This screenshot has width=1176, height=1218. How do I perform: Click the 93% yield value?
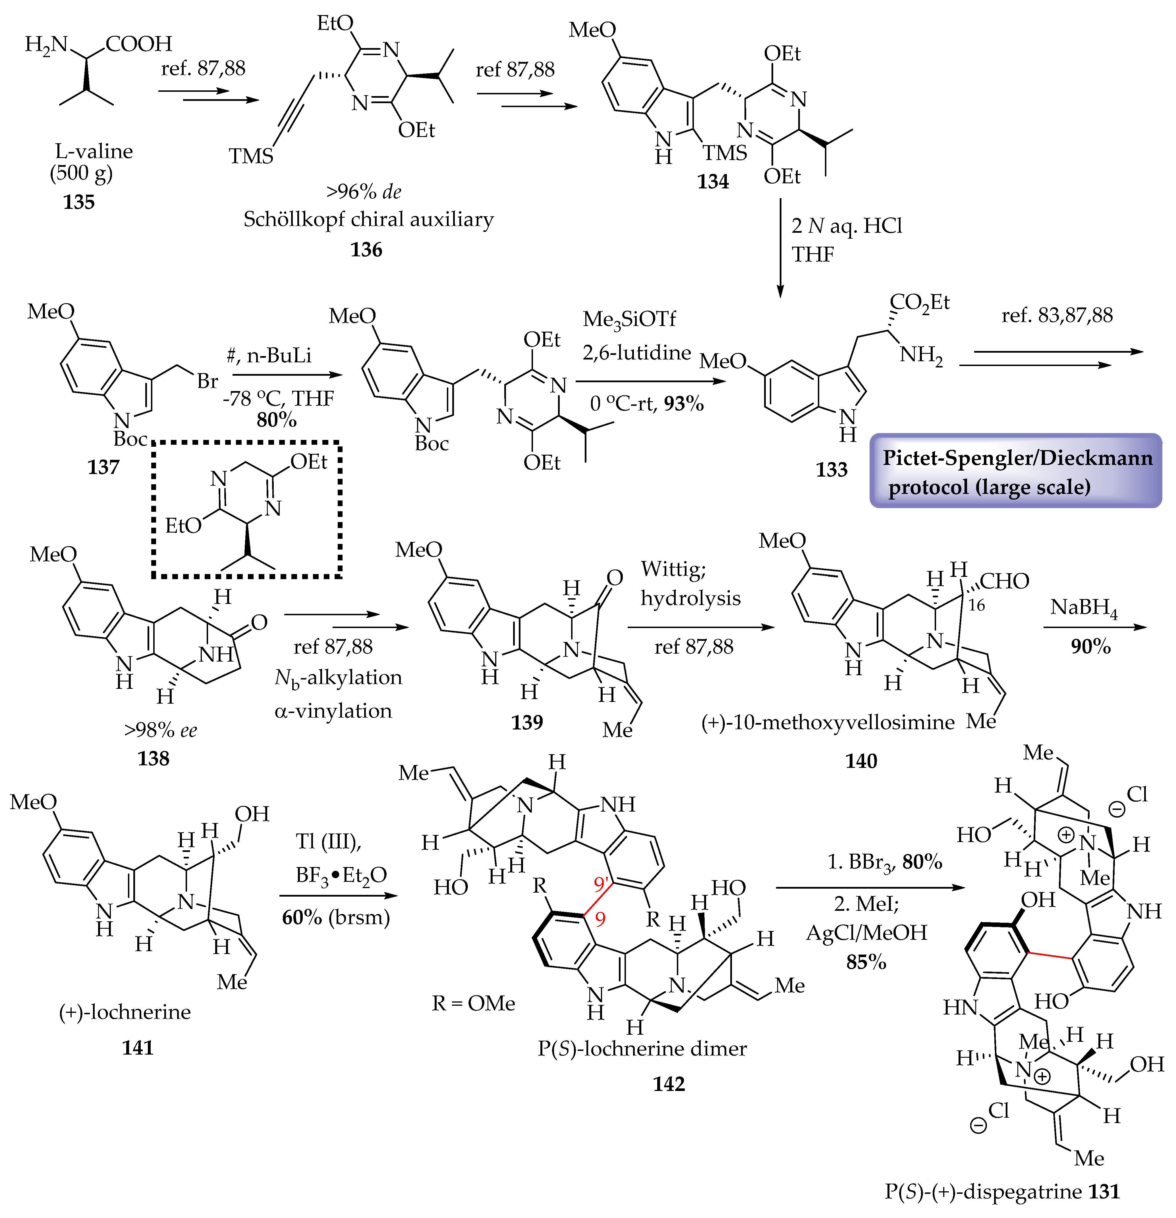(x=684, y=404)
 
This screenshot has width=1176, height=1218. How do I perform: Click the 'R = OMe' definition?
(x=474, y=1003)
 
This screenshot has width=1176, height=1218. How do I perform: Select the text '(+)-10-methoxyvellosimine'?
(x=827, y=722)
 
